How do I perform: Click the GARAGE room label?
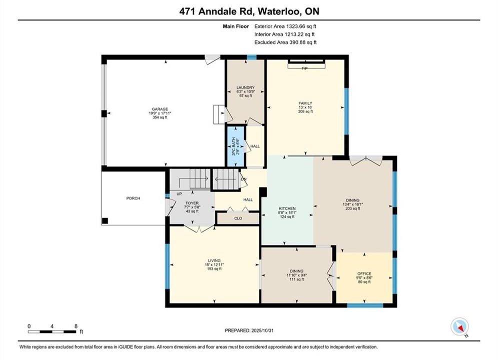(x=160, y=109)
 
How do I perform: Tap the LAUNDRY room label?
(x=246, y=87)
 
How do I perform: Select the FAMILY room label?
(x=305, y=103)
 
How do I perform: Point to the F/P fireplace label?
(x=304, y=68)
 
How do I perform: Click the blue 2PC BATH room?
(x=235, y=146)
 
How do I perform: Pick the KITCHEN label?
(x=287, y=208)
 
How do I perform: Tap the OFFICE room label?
(x=364, y=273)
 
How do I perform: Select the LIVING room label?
(x=214, y=260)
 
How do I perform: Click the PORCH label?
(x=133, y=198)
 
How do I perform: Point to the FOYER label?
(x=192, y=203)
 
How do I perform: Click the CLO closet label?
(x=238, y=218)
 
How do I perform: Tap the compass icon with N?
(x=459, y=326)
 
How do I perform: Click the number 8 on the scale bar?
(x=76, y=326)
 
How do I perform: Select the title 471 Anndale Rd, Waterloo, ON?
(x=249, y=11)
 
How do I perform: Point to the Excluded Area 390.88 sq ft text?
(x=285, y=42)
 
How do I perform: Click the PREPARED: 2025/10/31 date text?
(x=249, y=330)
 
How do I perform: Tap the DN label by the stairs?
(x=244, y=179)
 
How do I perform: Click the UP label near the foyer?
(x=179, y=194)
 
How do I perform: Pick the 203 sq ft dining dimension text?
(x=352, y=208)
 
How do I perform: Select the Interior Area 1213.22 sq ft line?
(x=285, y=34)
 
